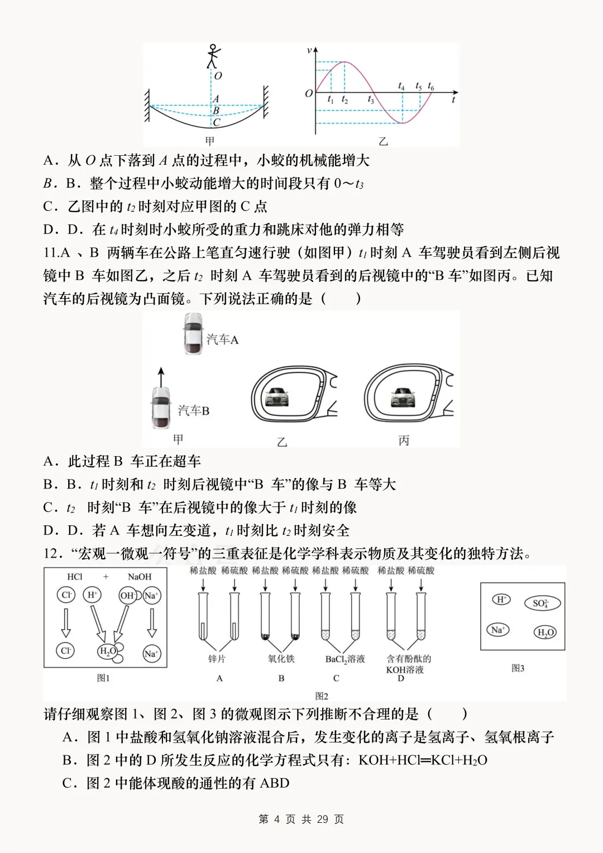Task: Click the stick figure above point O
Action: pos(213,56)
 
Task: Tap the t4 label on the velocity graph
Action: pos(401,86)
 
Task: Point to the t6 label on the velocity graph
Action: pos(431,86)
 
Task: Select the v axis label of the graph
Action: pos(309,51)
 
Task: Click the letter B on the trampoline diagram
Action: pos(216,111)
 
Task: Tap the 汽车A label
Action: pos(222,339)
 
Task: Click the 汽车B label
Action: pos(194,411)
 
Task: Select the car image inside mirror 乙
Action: pos(278,397)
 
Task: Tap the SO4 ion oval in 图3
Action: pos(542,603)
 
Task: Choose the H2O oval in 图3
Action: pos(545,632)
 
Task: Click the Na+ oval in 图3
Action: pos(497,630)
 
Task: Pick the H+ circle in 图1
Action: pos(92,595)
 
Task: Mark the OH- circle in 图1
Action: pos(128,595)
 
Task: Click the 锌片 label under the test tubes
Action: pos(217,659)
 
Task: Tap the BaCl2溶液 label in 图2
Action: pos(345,659)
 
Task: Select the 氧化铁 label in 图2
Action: pos(281,659)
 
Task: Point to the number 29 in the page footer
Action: pos(322,819)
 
